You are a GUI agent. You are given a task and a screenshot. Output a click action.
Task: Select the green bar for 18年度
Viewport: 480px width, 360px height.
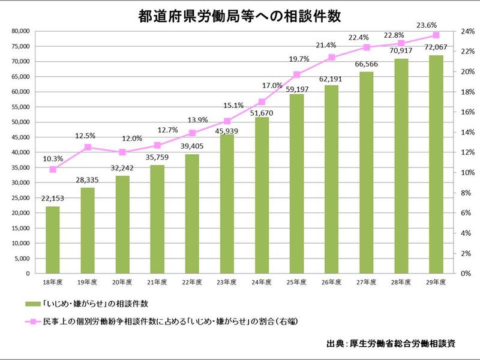[53, 240]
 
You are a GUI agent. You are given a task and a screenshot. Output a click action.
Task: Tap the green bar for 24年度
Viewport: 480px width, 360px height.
[262, 195]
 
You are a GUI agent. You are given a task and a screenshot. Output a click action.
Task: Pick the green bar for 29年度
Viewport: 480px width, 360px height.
[436, 164]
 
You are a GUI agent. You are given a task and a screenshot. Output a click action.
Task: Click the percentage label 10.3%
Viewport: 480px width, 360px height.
[53, 158]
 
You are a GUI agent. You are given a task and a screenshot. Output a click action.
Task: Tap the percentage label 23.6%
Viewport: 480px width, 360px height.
[436, 25]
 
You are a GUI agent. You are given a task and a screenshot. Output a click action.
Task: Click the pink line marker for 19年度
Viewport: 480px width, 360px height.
[88, 147]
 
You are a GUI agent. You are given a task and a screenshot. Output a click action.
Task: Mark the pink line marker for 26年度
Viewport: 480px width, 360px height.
[332, 57]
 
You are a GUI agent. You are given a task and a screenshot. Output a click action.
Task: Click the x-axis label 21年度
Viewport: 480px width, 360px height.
[157, 282]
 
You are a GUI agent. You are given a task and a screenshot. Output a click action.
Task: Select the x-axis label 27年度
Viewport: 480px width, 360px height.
[367, 282]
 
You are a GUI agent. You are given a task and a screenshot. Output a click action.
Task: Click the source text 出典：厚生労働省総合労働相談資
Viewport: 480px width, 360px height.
[391, 344]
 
